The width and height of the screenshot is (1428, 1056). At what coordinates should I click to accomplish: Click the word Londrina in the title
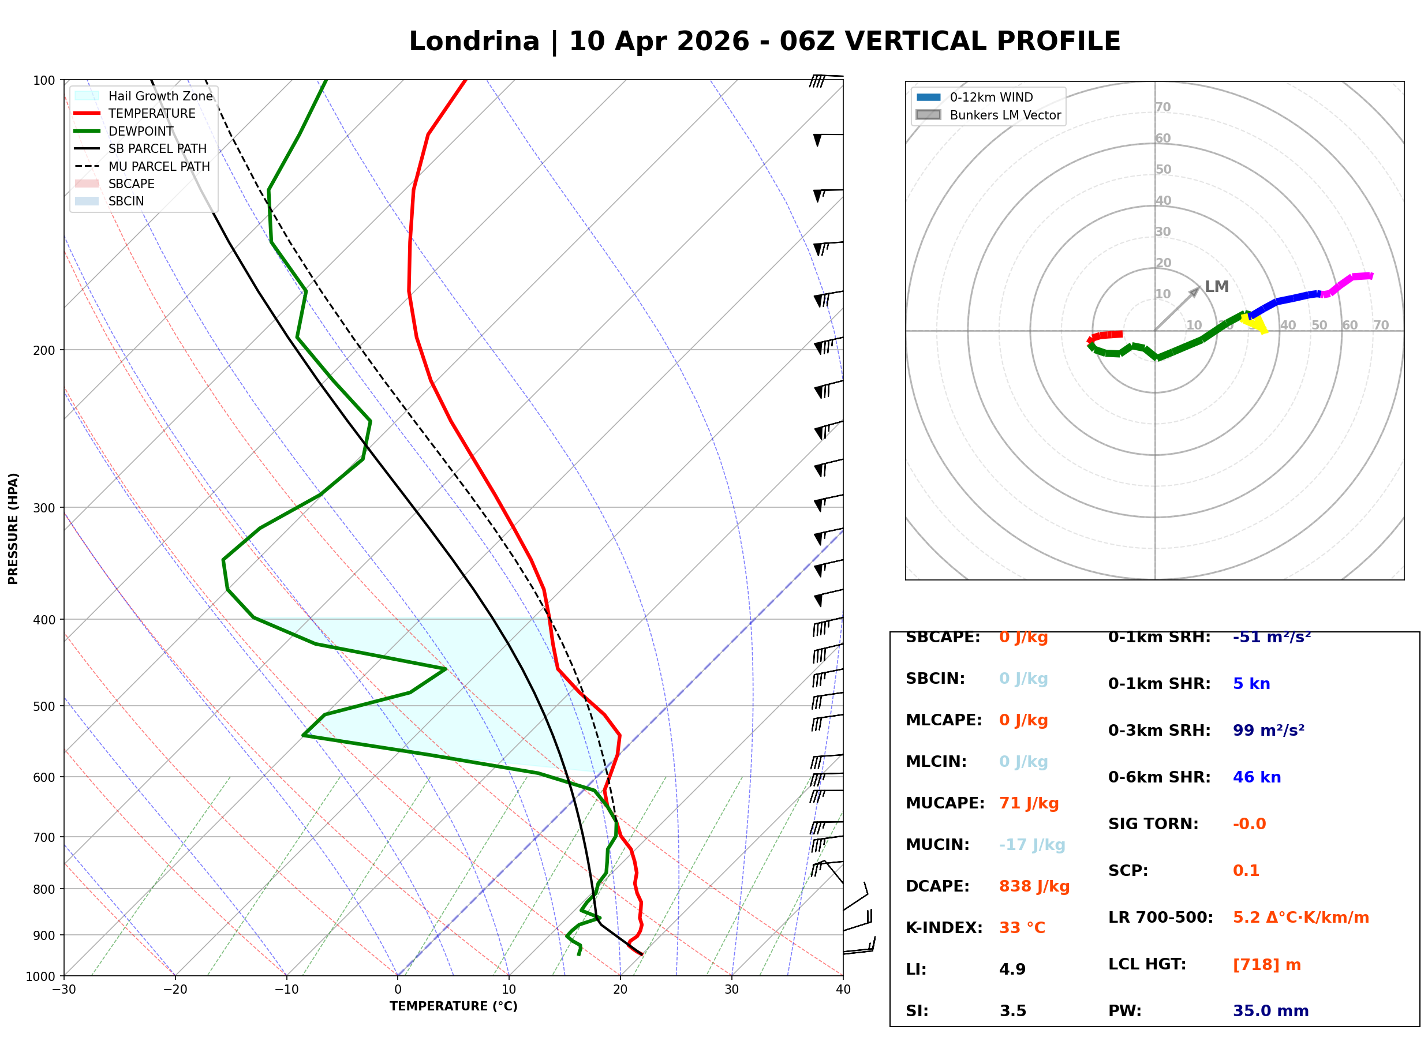(474, 42)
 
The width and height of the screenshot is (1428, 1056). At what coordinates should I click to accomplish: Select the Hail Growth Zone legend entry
(160, 96)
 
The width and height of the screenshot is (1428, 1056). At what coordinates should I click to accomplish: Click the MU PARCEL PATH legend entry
(159, 166)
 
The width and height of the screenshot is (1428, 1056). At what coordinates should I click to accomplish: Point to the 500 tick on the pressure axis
(44, 706)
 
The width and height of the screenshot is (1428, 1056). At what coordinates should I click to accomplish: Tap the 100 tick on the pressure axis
(44, 81)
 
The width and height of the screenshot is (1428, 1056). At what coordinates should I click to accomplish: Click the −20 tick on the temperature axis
(175, 990)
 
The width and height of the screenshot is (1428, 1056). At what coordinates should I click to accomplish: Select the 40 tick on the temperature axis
(843, 990)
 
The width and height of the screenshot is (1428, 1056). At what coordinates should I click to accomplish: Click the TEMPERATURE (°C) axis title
(453, 1006)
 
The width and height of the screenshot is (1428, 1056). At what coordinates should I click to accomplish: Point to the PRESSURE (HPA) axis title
(13, 529)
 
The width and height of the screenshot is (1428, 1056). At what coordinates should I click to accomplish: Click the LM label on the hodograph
(1216, 286)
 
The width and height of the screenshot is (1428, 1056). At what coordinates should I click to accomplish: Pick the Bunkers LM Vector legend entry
(1005, 115)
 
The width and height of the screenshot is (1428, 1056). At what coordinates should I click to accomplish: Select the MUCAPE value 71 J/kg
(1029, 803)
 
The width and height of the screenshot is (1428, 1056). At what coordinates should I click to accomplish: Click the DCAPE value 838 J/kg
(1034, 886)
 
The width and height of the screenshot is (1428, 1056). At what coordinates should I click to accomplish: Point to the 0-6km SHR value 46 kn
(1257, 777)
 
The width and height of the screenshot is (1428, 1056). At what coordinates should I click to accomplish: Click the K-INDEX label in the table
(944, 927)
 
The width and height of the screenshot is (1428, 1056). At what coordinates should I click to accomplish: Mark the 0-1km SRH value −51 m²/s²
(1272, 636)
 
